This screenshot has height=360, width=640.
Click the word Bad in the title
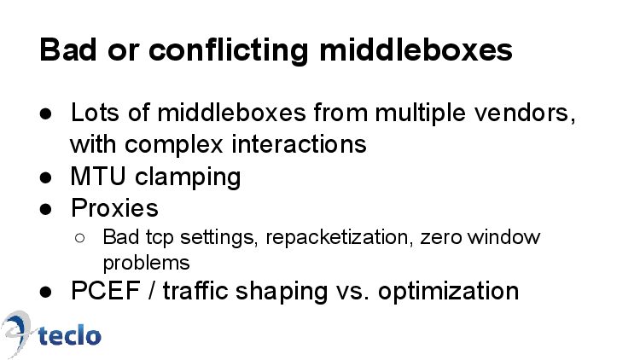(x=68, y=49)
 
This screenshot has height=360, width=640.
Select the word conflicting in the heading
(x=228, y=51)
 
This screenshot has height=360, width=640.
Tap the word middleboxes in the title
(x=416, y=49)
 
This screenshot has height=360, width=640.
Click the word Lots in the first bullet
(x=95, y=113)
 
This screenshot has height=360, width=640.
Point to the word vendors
(x=525, y=113)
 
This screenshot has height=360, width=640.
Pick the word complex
(x=173, y=145)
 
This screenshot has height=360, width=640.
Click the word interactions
(x=300, y=144)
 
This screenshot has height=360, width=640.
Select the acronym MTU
(x=98, y=177)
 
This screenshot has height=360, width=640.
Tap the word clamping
(x=188, y=177)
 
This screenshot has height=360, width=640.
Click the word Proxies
(x=114, y=208)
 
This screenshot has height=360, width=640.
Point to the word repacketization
(x=337, y=238)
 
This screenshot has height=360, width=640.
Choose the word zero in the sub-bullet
(x=441, y=238)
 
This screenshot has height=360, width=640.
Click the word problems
(x=146, y=263)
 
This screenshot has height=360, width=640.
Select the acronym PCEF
(x=106, y=291)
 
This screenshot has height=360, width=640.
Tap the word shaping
(x=282, y=292)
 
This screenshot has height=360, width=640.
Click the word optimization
(x=448, y=292)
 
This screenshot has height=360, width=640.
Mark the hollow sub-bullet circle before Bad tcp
(x=80, y=238)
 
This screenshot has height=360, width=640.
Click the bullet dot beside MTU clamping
(x=46, y=178)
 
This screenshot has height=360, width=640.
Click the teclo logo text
(x=69, y=335)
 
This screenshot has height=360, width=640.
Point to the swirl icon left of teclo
(x=16, y=334)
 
